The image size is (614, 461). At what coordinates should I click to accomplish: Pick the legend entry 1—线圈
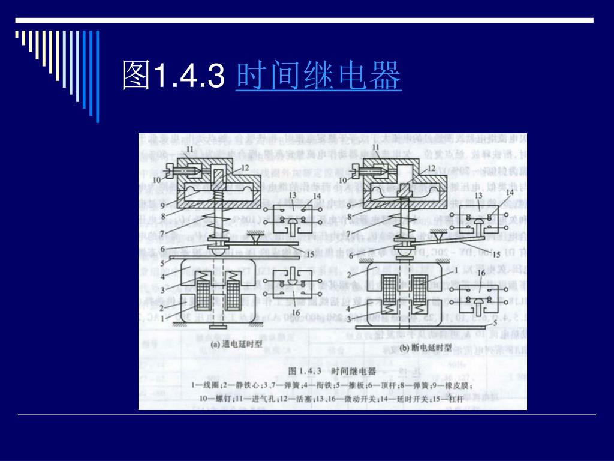tap(203, 384)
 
